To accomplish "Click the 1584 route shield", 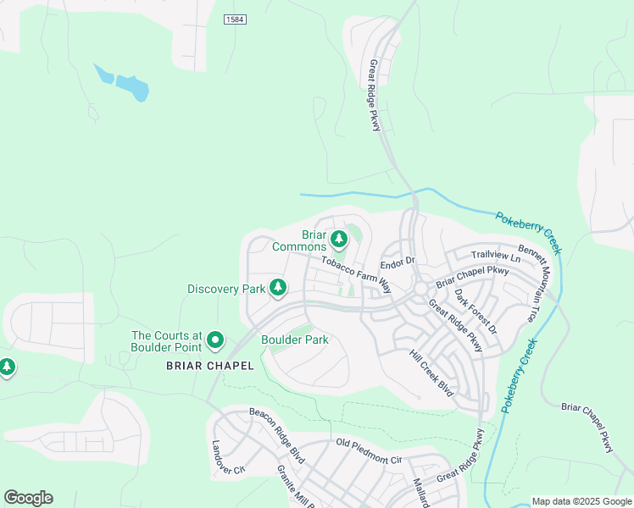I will point(235,19).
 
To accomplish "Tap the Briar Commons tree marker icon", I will point(339,240).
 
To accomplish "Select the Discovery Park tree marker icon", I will point(277,289).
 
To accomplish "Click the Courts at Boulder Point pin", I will point(215,341).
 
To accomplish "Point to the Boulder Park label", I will point(294,340).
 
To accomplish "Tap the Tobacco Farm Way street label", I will point(356,273).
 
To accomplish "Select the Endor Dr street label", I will point(397,262).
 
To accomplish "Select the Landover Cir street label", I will point(228,457).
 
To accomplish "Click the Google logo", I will point(28,497).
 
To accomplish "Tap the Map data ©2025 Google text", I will point(581,501).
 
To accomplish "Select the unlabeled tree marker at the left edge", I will point(7,367).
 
